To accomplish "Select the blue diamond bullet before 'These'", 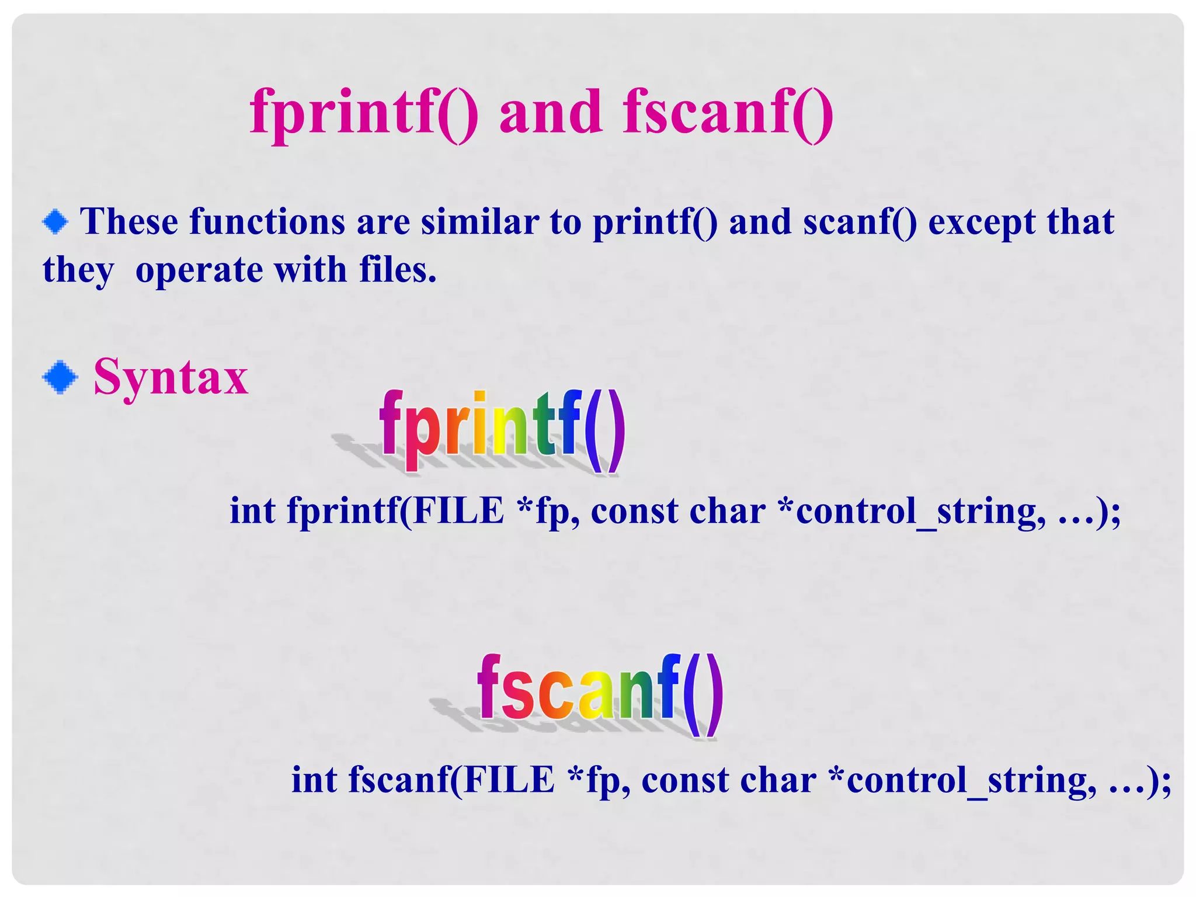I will [55, 222].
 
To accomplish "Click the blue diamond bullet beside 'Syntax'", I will [60, 378].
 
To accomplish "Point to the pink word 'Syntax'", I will [171, 377].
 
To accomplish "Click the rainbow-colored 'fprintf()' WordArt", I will [502, 429].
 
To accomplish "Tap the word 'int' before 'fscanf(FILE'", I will [314, 780].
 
